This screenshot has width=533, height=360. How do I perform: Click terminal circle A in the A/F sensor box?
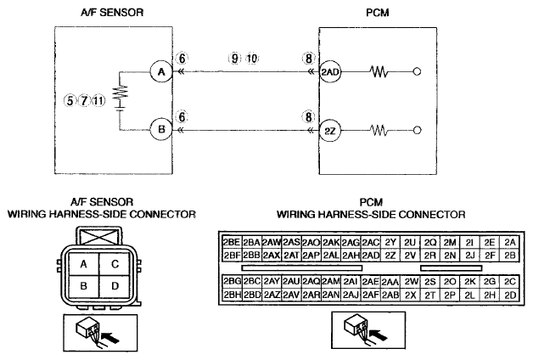click(161, 71)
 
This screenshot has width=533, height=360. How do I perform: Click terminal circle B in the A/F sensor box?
click(161, 130)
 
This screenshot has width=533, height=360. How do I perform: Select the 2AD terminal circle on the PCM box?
click(330, 71)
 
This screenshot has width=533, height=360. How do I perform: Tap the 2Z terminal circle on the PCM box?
click(330, 131)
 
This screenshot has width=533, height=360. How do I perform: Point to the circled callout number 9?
click(234, 59)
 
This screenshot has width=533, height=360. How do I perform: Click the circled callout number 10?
click(252, 59)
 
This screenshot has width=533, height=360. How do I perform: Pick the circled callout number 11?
click(98, 101)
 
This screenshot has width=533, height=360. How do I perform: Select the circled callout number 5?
click(70, 101)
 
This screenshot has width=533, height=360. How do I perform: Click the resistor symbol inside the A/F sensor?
click(120, 93)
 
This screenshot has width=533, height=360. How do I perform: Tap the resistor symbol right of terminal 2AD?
click(379, 71)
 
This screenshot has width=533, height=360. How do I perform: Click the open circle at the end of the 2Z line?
click(417, 130)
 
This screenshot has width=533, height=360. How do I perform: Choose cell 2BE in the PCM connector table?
click(232, 242)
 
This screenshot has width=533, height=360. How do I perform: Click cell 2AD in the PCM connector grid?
click(371, 256)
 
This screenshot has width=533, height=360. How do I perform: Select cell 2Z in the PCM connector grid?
click(390, 256)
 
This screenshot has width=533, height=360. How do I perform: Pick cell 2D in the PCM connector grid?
click(510, 295)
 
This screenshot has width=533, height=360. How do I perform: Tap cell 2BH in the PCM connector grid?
click(232, 295)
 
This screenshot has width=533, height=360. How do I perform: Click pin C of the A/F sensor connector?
click(115, 264)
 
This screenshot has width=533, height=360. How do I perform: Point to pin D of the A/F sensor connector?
click(115, 286)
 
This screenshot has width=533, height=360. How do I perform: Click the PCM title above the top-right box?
click(378, 13)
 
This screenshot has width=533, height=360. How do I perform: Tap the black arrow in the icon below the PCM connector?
click(379, 335)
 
